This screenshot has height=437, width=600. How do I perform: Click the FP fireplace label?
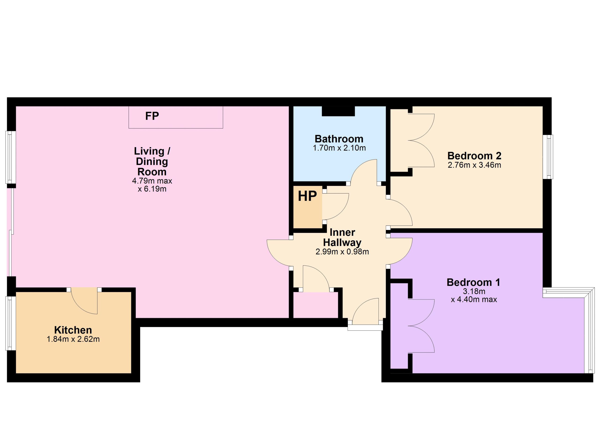pos(152,116)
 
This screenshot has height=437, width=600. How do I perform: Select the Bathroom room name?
pos(339,139)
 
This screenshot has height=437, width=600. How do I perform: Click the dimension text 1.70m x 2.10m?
pos(339,148)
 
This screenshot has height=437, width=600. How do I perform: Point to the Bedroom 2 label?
pos(474,156)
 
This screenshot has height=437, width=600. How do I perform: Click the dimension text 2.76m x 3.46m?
pos(474,165)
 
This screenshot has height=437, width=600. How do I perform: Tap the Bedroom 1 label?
pos(473,282)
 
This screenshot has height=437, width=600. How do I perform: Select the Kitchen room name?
pos(73,330)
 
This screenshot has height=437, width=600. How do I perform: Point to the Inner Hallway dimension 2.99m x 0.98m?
pos(342,252)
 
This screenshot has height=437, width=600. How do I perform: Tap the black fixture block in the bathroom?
pos(338,111)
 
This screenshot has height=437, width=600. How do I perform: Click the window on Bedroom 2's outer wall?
pos(548,157)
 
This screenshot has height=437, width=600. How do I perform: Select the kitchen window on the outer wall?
pos(10,323)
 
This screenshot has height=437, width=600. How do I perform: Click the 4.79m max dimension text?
pos(152,181)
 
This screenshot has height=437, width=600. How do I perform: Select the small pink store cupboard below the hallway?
pos(316,305)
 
